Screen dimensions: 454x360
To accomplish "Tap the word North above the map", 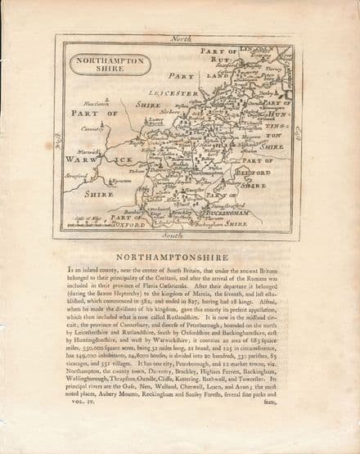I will (179, 38).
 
